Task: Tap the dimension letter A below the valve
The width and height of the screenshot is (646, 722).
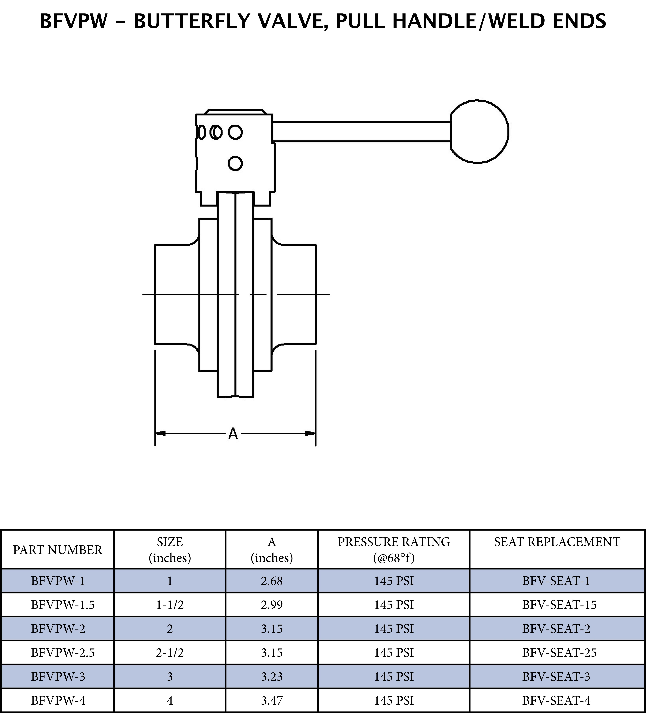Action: (x=233, y=434)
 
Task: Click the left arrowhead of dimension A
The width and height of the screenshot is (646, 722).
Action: (x=160, y=433)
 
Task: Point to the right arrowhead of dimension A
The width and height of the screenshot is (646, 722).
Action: (x=311, y=433)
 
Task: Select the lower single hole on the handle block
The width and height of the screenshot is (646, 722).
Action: (x=235, y=164)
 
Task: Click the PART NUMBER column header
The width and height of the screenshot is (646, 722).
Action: (x=58, y=550)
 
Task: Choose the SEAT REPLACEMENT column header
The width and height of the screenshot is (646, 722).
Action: (x=557, y=542)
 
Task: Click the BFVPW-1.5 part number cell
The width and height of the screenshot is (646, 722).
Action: (x=63, y=605)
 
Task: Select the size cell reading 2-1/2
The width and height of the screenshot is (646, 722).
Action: (x=170, y=652)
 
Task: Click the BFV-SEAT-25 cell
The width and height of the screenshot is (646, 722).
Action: (x=559, y=652)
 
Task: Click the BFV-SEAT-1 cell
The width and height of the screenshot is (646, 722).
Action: (x=556, y=581)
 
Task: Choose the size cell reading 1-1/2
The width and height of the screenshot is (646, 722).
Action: (x=170, y=605)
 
